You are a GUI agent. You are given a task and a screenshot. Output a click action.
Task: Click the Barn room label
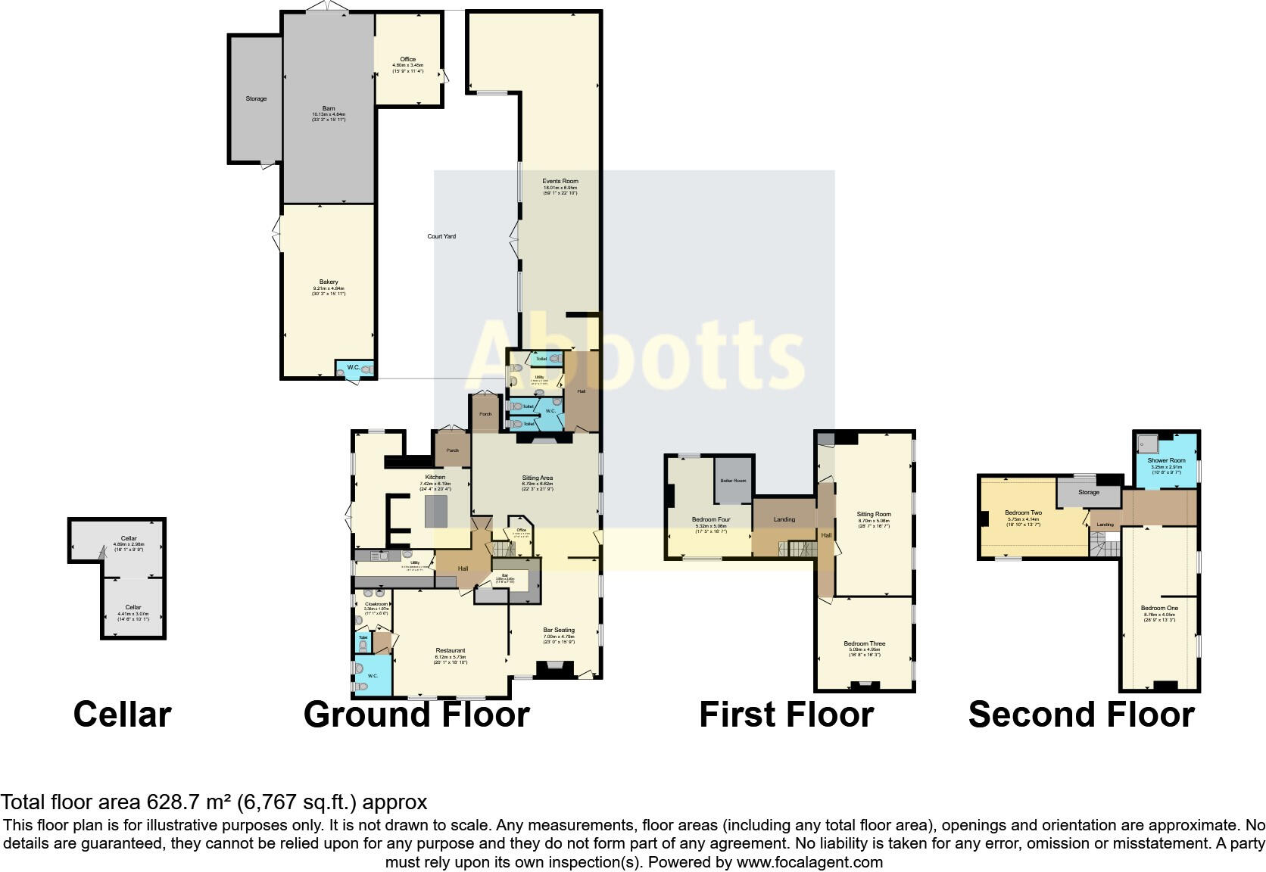click(329, 109)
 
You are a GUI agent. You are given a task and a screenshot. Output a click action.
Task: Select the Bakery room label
click(329, 282)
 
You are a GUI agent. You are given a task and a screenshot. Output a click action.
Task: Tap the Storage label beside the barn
click(256, 98)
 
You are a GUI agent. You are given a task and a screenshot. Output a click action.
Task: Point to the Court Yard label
click(441, 236)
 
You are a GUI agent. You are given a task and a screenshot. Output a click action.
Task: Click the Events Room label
click(560, 182)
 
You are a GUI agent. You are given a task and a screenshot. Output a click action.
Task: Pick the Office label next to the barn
click(408, 59)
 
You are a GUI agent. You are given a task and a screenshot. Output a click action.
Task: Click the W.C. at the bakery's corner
click(354, 368)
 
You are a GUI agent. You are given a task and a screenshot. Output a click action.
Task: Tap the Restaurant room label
click(451, 651)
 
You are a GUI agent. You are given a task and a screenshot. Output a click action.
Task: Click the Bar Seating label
click(559, 630)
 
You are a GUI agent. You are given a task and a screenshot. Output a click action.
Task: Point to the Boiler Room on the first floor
click(734, 481)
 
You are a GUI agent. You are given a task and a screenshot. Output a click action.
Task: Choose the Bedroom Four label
click(711, 520)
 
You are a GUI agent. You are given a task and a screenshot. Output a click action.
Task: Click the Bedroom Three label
click(865, 644)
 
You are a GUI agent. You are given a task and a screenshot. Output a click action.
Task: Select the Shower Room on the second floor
click(1166, 460)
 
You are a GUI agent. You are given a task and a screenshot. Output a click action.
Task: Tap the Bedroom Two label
click(1024, 512)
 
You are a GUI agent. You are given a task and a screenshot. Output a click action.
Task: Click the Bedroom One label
click(1160, 608)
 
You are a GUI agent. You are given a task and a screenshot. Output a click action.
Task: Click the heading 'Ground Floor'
click(416, 715)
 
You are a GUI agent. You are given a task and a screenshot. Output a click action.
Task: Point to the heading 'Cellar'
click(122, 715)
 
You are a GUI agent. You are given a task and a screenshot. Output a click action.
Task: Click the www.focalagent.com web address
click(809, 862)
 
